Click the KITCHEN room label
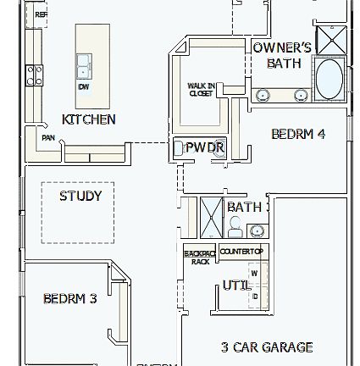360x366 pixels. click(x=89, y=119)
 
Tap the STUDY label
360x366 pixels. click(x=80, y=196)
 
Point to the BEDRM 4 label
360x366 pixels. click(x=298, y=134)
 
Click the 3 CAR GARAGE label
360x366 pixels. click(x=267, y=347)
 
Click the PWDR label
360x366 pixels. click(x=204, y=147)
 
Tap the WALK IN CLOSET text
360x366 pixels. click(x=202, y=90)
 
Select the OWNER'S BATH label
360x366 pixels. click(x=283, y=55)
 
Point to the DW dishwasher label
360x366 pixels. click(x=83, y=86)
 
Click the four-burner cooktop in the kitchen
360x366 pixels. click(x=35, y=75)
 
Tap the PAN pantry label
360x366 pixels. click(x=48, y=136)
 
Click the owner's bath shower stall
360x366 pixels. click(x=331, y=39)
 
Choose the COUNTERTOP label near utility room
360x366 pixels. click(x=242, y=251)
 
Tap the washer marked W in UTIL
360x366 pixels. click(x=254, y=273)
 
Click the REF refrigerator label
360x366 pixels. click(x=40, y=14)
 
